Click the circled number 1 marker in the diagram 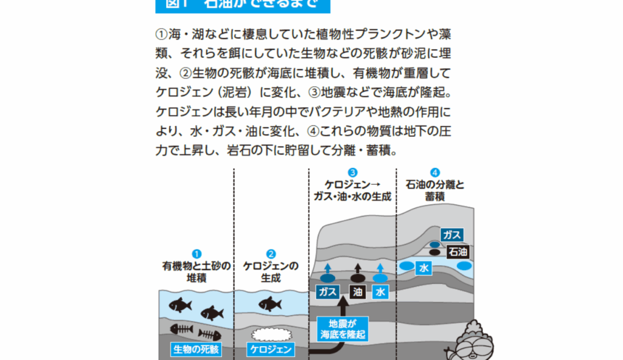click(197, 254)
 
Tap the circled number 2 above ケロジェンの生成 click(271, 254)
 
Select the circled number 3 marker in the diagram click(352, 173)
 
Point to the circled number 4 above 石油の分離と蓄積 click(434, 173)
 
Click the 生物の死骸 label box click(195, 350)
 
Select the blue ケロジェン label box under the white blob click(271, 350)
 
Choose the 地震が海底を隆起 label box click(344, 329)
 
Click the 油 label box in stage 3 click(358, 292)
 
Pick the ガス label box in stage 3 click(327, 292)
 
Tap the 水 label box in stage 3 click(381, 292)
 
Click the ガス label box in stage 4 click(451, 235)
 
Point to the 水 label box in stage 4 click(424, 267)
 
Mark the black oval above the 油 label click(358, 279)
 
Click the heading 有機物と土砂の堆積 click(197, 272)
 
